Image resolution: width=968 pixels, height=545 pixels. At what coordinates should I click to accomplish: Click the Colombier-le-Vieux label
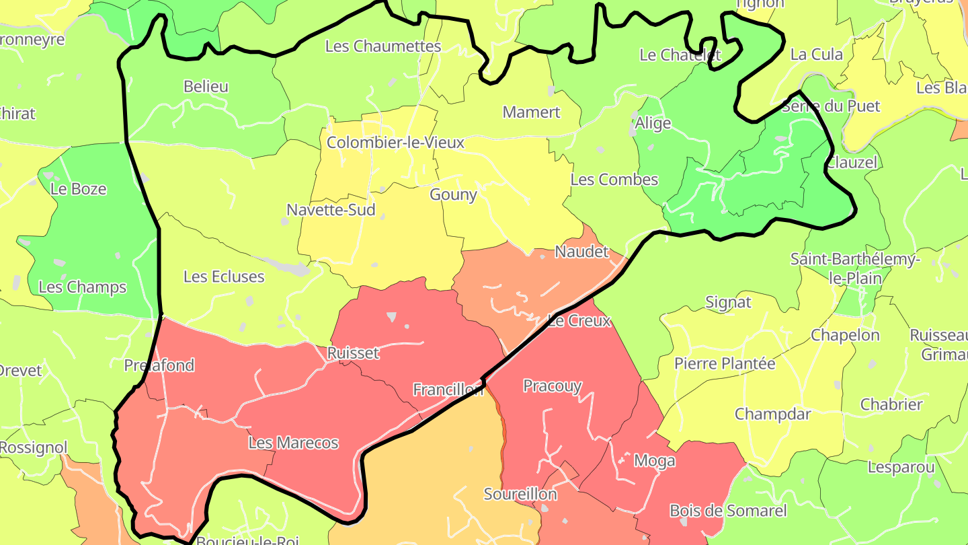[395, 143]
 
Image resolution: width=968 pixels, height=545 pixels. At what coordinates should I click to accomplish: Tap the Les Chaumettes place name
[383, 46]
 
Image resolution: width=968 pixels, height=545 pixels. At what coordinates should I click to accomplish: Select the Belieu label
[206, 87]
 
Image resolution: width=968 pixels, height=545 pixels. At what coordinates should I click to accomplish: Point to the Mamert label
[531, 112]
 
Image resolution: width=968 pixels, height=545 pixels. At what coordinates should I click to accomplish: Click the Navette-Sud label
[331, 210]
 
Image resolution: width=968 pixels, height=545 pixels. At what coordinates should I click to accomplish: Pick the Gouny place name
[453, 195]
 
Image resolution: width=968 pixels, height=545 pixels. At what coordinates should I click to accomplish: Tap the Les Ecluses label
[224, 277]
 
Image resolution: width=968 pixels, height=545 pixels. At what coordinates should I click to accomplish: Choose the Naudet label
[581, 252]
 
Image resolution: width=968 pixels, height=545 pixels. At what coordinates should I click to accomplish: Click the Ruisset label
[353, 353]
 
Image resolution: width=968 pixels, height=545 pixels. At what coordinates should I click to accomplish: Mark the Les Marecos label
[293, 443]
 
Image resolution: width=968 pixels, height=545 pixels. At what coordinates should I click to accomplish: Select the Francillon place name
[448, 390]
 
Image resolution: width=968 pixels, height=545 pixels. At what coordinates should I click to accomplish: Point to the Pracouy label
[552, 386]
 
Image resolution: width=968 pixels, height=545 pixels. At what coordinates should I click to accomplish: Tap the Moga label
[654, 461]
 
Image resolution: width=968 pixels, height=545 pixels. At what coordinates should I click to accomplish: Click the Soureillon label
[520, 495]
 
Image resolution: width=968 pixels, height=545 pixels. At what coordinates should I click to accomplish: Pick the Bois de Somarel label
[728, 511]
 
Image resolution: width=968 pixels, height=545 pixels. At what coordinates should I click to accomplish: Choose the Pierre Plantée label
[725, 364]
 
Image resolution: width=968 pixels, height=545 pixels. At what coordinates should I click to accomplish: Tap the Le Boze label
[79, 189]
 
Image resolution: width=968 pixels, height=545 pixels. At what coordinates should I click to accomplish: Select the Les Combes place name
[614, 180]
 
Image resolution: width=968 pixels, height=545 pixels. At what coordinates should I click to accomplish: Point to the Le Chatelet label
[680, 55]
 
